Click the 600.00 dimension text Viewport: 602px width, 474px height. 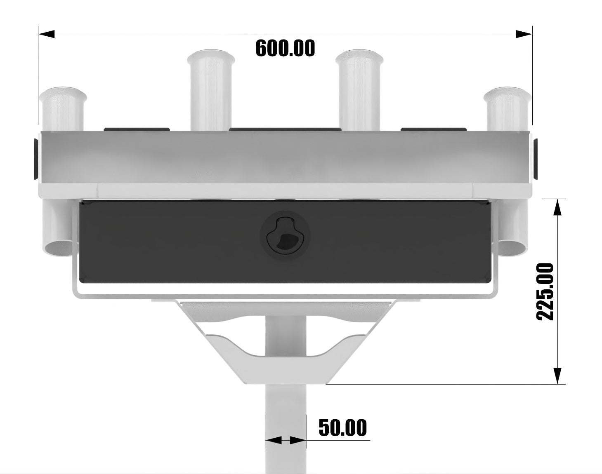[285, 48]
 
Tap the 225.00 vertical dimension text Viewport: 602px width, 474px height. [545, 291]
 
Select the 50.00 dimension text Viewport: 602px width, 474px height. [342, 428]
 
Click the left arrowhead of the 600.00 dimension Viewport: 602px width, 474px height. [46, 34]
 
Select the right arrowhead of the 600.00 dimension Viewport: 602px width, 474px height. [524, 34]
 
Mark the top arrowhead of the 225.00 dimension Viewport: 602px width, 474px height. [557, 207]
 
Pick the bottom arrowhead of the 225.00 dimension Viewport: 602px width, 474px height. [557, 375]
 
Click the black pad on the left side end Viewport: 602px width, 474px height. [36, 159]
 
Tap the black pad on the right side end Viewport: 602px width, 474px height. [535, 159]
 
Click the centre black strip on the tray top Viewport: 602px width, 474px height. [285, 129]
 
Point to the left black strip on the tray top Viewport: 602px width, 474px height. [137, 129]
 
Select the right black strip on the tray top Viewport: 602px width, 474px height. [434, 129]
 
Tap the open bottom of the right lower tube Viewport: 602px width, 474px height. [513, 248]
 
